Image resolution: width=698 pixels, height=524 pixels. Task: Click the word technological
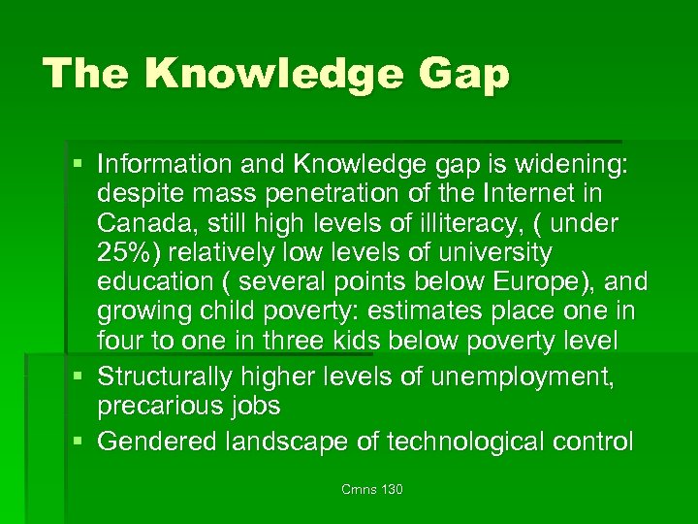[x=468, y=442]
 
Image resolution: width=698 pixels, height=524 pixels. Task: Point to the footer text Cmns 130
[x=371, y=489]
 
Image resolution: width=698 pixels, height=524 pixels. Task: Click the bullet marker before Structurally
[x=84, y=374]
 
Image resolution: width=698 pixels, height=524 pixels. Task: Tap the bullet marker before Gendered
[x=84, y=442]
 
